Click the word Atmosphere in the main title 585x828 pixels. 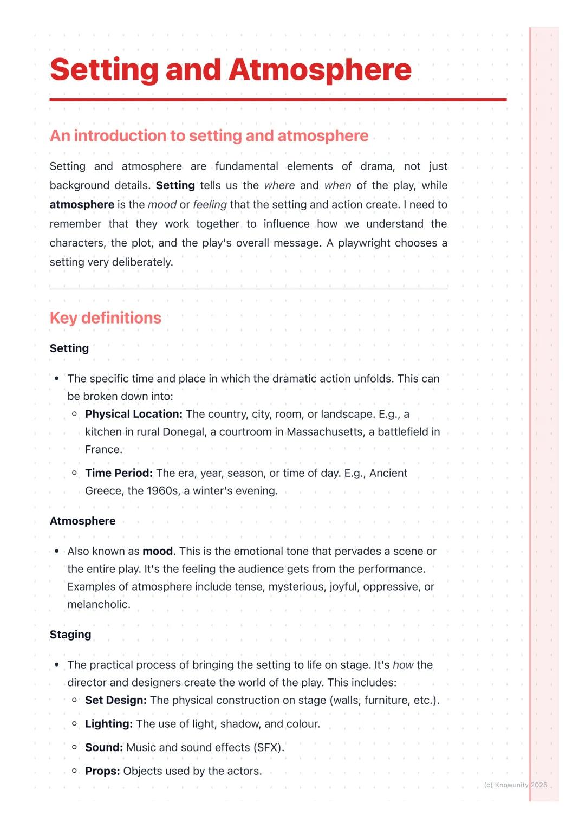(320, 70)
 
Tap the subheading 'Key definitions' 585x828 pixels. (106, 318)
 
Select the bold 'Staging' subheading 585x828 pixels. (70, 635)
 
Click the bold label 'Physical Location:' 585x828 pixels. (134, 414)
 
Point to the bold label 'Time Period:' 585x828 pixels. (119, 473)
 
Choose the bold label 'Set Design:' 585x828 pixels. (116, 700)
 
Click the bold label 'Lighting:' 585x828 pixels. (109, 724)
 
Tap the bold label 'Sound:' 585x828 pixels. (104, 748)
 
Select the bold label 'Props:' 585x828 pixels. (102, 771)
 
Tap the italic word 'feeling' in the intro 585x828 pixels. (210, 205)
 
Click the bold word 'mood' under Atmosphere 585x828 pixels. (158, 552)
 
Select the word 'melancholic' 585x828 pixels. (98, 605)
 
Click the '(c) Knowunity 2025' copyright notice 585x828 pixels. (515, 785)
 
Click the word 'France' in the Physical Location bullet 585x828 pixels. (103, 450)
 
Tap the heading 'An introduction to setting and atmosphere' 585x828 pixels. (209, 135)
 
